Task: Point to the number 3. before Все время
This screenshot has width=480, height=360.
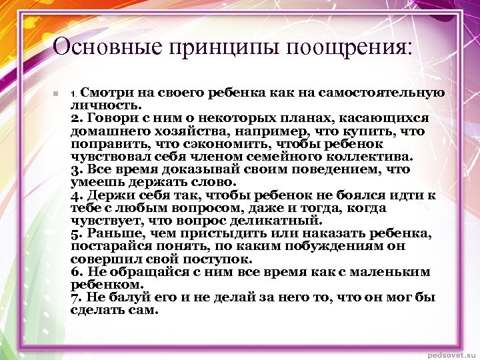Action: coord(76,169)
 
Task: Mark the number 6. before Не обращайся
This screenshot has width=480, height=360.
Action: coord(76,272)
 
